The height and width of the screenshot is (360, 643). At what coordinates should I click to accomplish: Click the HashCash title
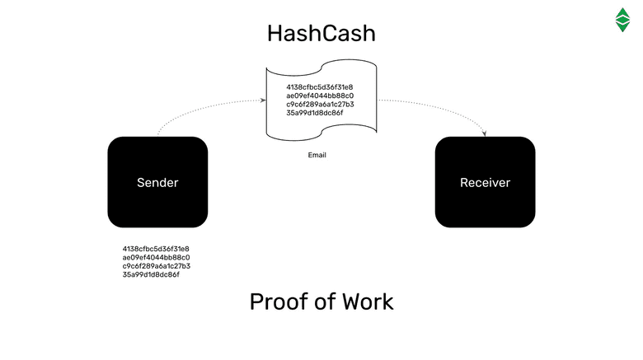tap(321, 34)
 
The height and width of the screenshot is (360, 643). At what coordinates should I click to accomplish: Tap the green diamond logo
tap(622, 19)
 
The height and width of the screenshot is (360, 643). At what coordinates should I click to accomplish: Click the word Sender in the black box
tap(157, 182)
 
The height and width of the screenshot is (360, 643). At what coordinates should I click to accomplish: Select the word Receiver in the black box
tap(485, 182)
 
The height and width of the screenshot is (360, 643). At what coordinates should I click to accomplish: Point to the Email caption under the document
tap(317, 154)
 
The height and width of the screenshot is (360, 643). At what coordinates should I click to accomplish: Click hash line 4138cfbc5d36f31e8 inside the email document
tap(320, 86)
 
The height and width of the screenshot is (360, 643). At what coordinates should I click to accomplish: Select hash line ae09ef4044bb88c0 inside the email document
tap(320, 96)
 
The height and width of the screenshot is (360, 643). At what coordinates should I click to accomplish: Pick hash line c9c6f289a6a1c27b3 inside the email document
tap(320, 104)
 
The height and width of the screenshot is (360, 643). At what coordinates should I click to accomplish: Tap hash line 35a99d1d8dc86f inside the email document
tap(315, 113)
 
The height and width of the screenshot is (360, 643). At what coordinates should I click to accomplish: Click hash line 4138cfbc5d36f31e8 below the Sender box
tap(156, 249)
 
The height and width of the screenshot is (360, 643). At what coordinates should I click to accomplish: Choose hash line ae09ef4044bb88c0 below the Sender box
tap(156, 257)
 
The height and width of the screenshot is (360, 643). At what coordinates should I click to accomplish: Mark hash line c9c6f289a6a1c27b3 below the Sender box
tap(156, 266)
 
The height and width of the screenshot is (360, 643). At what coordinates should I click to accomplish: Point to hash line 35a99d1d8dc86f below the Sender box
tap(151, 274)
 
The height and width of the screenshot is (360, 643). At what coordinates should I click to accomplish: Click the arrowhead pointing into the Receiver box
tap(485, 133)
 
